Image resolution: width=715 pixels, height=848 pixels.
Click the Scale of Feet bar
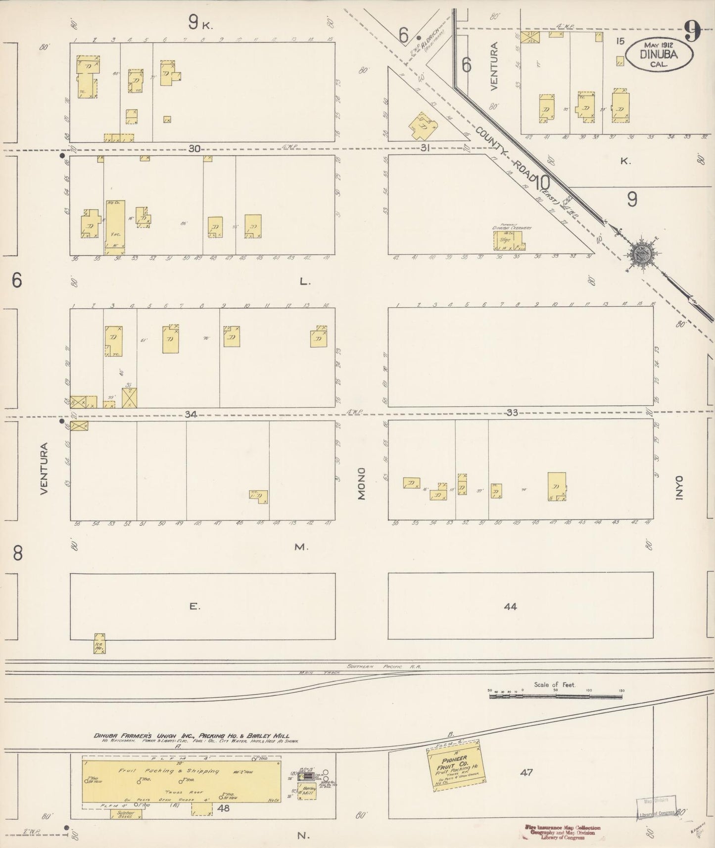click(555, 696)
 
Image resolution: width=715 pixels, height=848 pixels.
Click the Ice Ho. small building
click(99, 643)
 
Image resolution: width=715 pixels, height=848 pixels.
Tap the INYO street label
click(679, 489)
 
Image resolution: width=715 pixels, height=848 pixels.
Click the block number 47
click(526, 771)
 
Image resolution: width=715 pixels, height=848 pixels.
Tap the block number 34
click(191, 414)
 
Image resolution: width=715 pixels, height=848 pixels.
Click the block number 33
click(512, 412)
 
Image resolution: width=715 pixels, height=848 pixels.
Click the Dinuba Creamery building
click(508, 240)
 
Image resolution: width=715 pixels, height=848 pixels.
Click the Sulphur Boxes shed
click(123, 814)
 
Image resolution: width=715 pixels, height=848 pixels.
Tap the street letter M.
click(301, 547)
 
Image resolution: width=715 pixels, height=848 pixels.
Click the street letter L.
click(304, 282)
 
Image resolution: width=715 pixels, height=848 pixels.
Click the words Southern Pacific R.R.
click(383, 666)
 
